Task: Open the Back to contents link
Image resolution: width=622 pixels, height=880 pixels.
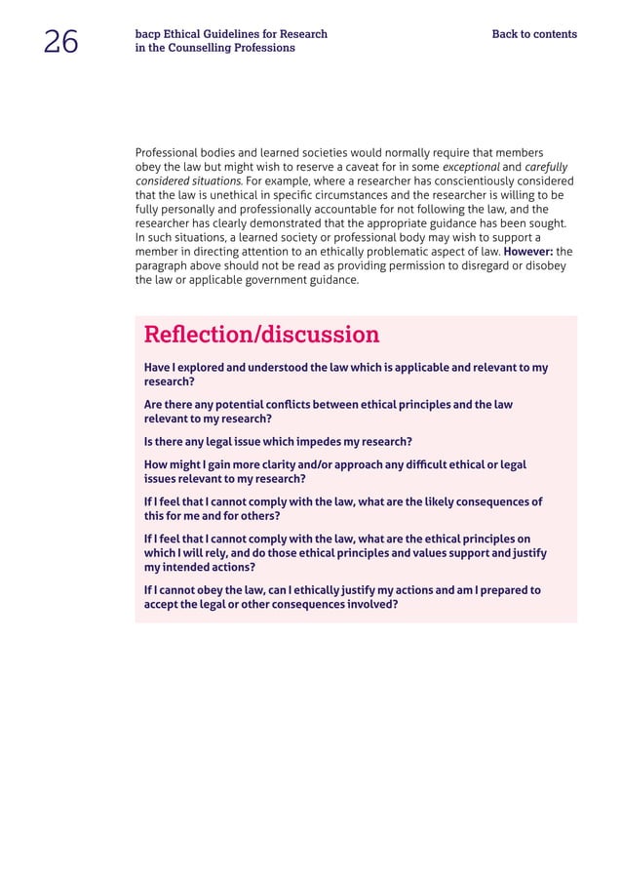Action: pyautogui.click(x=534, y=34)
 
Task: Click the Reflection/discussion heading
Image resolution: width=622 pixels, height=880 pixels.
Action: pyautogui.click(x=261, y=335)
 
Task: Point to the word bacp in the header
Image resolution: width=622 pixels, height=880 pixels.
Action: pyautogui.click(x=148, y=34)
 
